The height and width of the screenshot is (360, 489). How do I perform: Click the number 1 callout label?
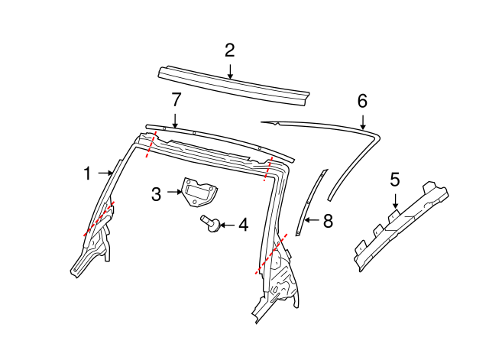[87, 174]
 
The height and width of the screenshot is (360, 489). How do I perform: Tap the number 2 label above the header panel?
[229, 50]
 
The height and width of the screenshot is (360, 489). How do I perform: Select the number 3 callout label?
[156, 194]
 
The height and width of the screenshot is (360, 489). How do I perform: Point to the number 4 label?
[243, 225]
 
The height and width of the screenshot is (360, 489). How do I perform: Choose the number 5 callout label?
[394, 180]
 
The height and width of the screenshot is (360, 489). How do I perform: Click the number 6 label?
[362, 100]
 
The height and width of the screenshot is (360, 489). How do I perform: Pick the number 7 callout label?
[176, 99]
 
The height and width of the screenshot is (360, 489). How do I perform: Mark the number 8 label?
[328, 221]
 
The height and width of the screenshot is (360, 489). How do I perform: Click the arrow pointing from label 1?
[105, 174]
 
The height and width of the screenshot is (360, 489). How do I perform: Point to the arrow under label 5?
[395, 201]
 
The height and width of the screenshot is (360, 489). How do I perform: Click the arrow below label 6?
[362, 119]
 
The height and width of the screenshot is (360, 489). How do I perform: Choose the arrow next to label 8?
[310, 221]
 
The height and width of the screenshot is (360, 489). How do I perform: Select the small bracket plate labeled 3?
[197, 191]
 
